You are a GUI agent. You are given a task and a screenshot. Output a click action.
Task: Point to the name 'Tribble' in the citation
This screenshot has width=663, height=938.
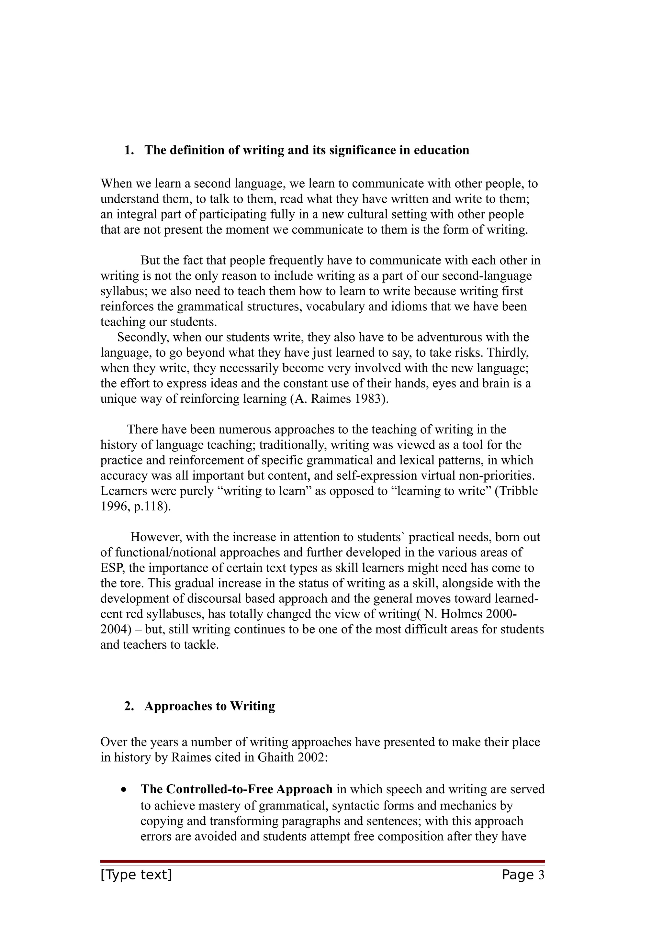518,491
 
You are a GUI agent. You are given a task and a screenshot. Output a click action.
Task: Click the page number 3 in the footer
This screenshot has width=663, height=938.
541,875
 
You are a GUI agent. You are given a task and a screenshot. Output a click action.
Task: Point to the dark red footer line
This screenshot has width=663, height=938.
322,861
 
